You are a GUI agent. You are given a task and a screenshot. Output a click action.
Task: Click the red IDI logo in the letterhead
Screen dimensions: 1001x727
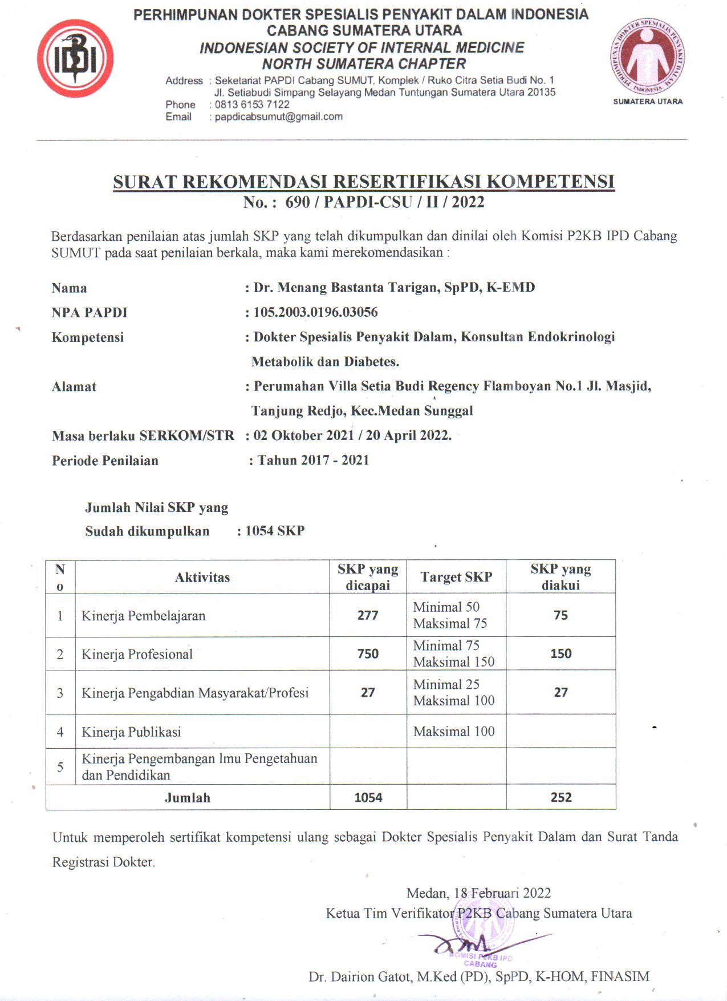(x=75, y=58)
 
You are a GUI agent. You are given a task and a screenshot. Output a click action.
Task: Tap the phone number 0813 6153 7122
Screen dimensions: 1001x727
(x=252, y=104)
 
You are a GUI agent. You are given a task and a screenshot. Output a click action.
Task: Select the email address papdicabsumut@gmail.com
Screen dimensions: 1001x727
(x=278, y=116)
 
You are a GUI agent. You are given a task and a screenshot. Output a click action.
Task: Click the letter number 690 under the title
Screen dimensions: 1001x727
(x=297, y=202)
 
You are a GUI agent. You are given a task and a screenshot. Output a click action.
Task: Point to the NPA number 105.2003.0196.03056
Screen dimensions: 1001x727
(x=315, y=312)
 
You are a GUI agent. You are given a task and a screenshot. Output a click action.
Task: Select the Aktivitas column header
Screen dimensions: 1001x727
(x=202, y=578)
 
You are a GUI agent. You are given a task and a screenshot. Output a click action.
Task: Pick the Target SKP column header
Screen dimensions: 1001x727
(x=456, y=577)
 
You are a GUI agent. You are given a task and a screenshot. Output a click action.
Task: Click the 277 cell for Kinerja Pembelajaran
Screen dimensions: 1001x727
(x=368, y=615)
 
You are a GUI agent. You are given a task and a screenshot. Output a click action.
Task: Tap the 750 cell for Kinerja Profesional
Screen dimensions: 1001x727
(x=368, y=654)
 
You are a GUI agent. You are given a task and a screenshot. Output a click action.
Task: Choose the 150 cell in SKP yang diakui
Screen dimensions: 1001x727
(x=561, y=654)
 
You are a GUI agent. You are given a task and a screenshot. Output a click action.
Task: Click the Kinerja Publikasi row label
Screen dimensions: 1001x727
(x=131, y=732)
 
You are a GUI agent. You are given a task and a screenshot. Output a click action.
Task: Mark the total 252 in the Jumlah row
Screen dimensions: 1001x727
(x=561, y=797)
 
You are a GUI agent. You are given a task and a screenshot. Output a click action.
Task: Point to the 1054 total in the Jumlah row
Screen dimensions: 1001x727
(x=368, y=797)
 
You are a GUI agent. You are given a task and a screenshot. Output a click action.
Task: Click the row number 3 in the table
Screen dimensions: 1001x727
(x=60, y=693)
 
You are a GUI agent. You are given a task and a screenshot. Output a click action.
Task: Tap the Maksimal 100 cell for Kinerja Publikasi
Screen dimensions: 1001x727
(x=454, y=732)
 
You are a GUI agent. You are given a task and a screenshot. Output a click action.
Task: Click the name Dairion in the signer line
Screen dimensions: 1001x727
(x=352, y=976)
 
